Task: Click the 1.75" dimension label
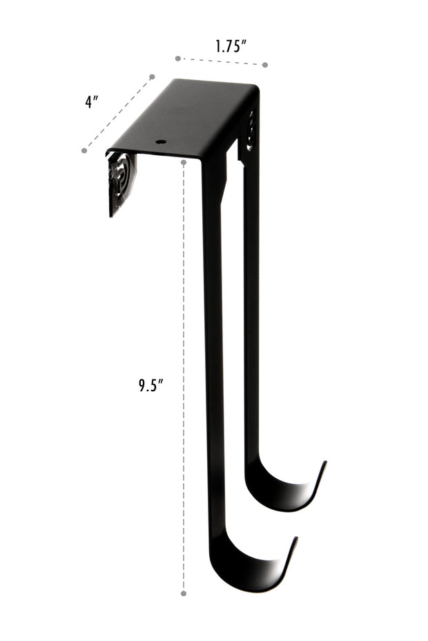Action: [231, 47]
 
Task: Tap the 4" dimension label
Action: [92, 101]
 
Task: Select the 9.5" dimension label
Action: [149, 385]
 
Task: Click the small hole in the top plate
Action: [162, 142]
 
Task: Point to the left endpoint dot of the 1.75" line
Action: [177, 59]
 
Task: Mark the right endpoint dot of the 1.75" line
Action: [264, 64]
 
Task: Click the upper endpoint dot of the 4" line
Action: [152, 77]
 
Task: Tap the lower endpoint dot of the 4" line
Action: [84, 150]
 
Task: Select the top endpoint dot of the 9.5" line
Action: [184, 162]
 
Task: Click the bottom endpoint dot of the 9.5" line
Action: [184, 593]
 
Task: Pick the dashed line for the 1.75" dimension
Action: [221, 61]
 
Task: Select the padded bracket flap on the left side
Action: [120, 181]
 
